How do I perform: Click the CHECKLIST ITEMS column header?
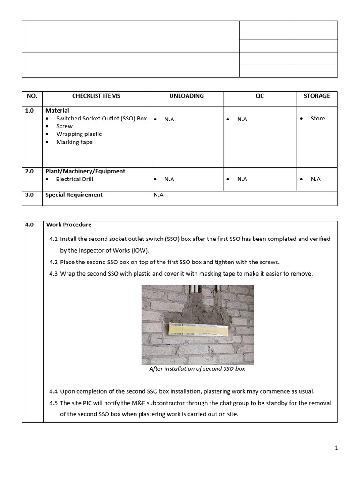pos(96,96)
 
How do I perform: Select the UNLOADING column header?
pos(186,96)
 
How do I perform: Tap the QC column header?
pos(259,96)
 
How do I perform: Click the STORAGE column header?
pos(316,96)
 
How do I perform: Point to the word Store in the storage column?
pos(317,119)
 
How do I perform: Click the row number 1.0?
pos(30,111)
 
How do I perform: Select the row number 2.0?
pos(30,172)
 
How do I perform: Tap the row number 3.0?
pos(30,195)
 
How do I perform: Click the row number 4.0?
pos(30,225)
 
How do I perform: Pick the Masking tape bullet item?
pos(74,142)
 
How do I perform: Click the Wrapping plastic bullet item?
pos(79,134)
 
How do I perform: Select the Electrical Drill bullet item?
pos(75,179)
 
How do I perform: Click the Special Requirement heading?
pos(74,195)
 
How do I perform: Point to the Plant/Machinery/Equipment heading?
pos(85,172)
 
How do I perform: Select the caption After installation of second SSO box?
pos(197,369)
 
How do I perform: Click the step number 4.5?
pos(53,403)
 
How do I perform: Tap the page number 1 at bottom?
pos(336,448)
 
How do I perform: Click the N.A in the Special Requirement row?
pos(158,195)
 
